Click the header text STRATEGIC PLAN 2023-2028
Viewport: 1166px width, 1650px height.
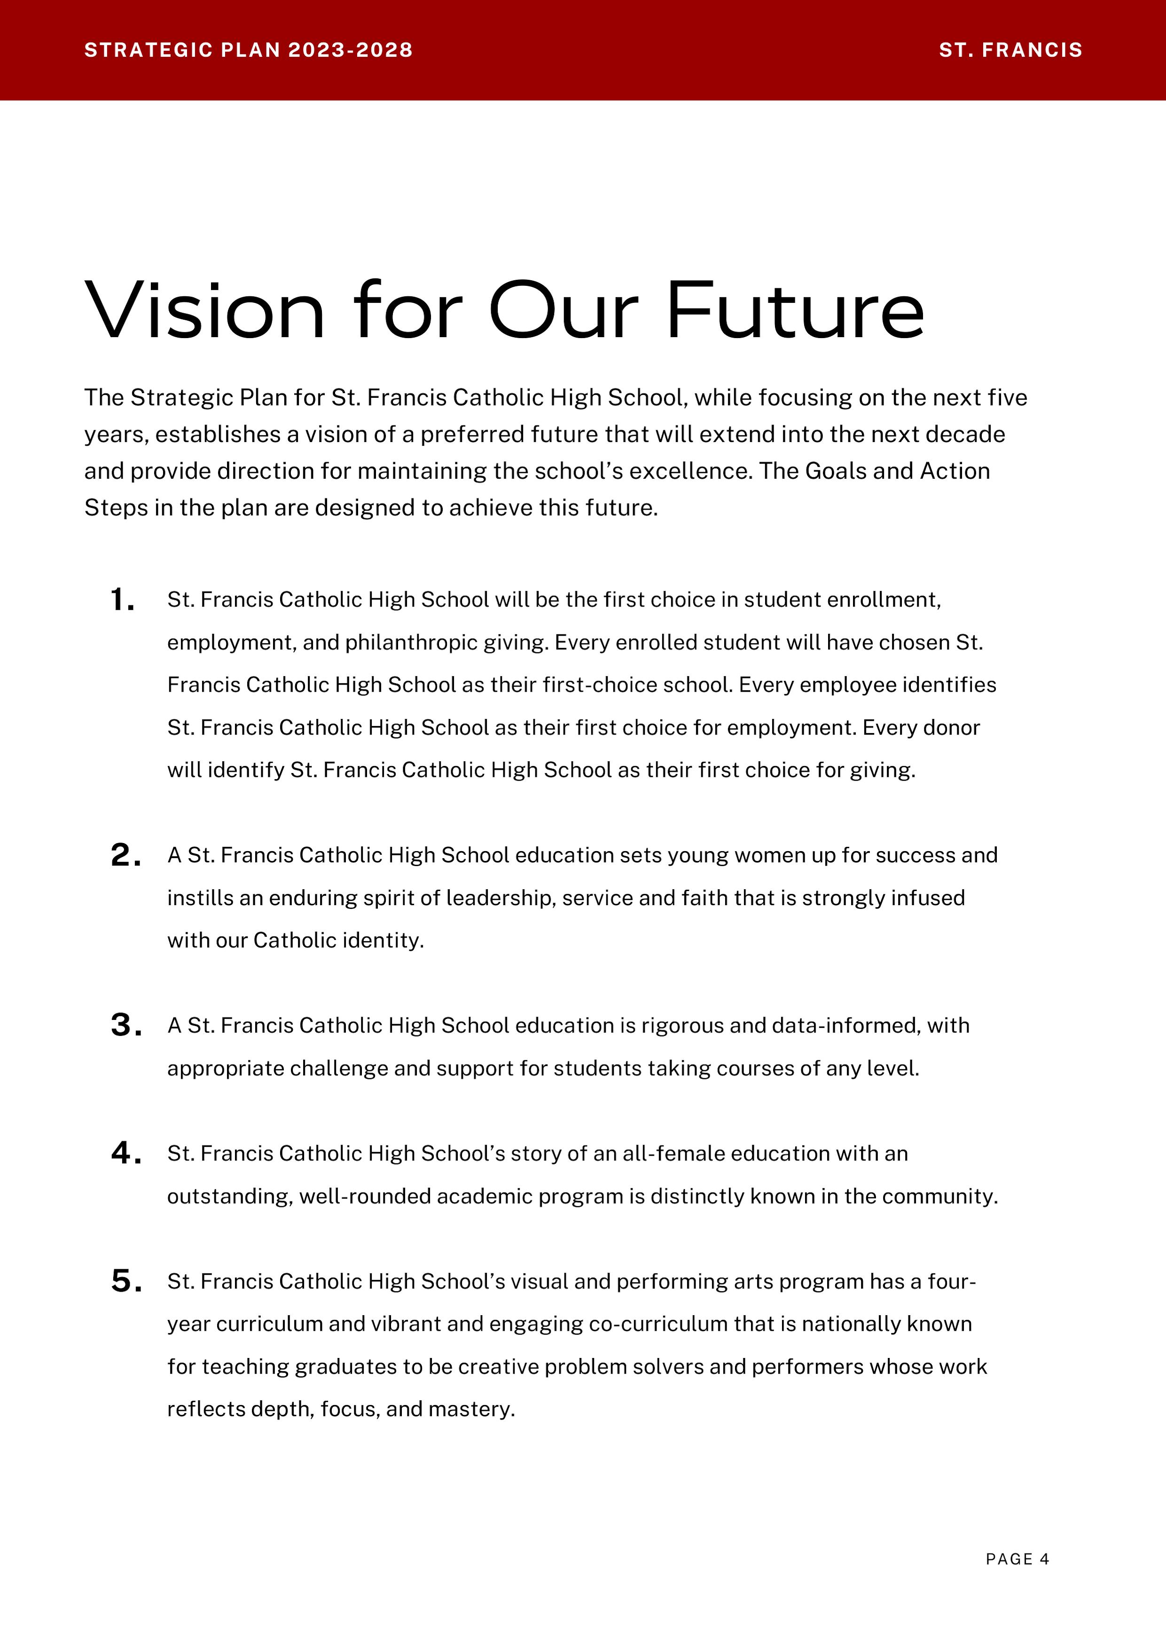(x=249, y=50)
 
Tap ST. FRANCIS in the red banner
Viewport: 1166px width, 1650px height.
(x=1010, y=50)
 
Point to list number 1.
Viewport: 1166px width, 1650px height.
(x=122, y=600)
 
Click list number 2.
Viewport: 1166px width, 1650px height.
(x=125, y=855)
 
